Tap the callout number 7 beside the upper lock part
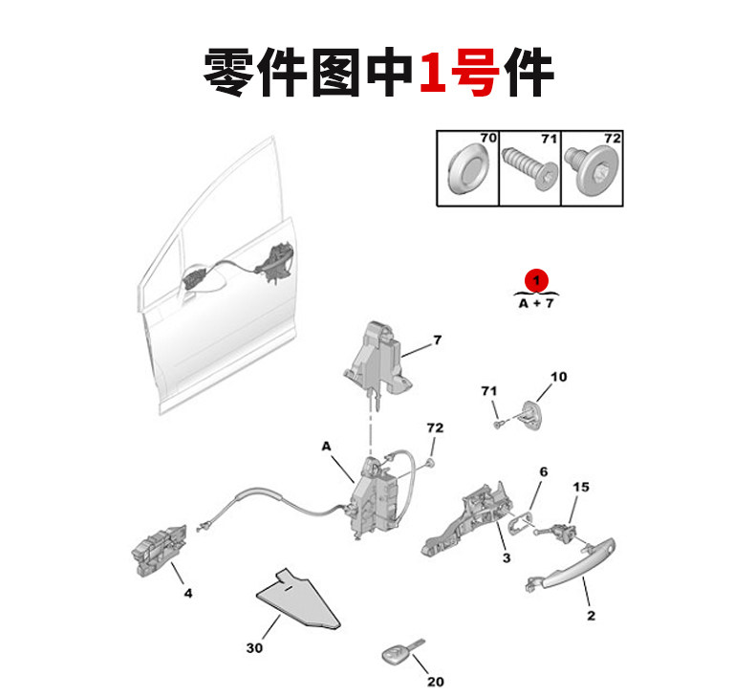coord(437,339)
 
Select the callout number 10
coord(558,377)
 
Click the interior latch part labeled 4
coord(154,552)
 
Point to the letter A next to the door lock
coord(325,447)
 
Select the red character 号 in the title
coord(475,72)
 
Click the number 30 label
coord(253,648)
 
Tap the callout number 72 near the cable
coord(435,426)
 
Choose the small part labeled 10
coord(529,412)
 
